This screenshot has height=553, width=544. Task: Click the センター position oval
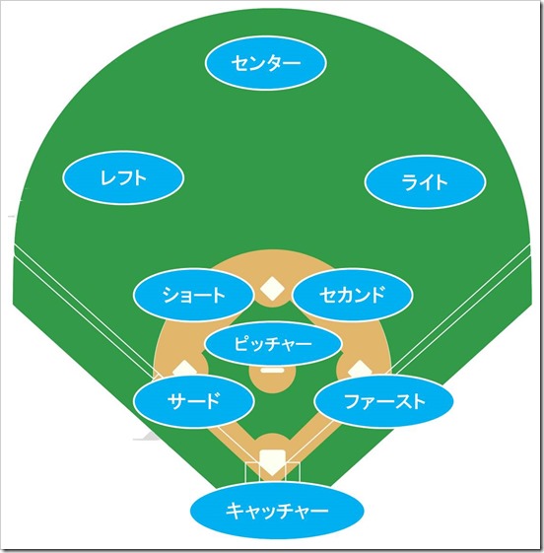(x=265, y=63)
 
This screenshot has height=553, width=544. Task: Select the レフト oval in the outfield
(x=123, y=177)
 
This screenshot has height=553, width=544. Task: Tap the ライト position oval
(x=425, y=182)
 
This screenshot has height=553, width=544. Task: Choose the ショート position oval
(x=193, y=295)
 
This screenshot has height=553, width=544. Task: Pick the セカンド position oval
(x=352, y=295)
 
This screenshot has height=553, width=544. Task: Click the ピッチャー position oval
(x=273, y=343)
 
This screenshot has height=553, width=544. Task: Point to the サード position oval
(x=194, y=401)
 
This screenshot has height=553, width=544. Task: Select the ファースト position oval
(x=384, y=401)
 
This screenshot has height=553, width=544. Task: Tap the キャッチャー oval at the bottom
(x=277, y=511)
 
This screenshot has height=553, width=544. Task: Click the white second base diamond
(x=272, y=289)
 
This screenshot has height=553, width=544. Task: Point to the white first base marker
(x=360, y=369)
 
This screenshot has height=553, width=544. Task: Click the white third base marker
(x=184, y=369)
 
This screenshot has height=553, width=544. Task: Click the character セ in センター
(x=240, y=63)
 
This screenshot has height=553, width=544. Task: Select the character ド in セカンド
(x=375, y=295)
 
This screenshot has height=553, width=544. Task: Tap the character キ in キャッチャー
(x=235, y=511)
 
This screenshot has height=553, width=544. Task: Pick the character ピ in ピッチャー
(x=242, y=343)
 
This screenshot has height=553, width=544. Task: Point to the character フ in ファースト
(x=352, y=401)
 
